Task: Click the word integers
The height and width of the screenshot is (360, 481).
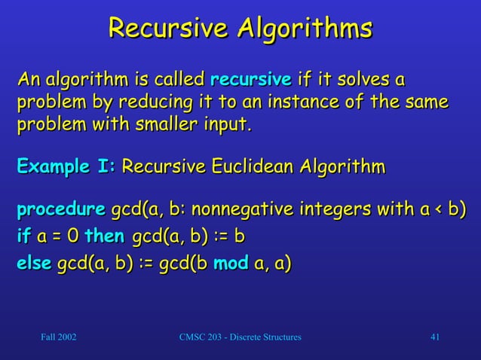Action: [x=331, y=209]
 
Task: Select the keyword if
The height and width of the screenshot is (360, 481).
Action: [x=23, y=236]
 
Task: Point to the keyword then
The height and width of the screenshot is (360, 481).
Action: [x=104, y=236]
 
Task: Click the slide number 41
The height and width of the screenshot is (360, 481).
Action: [x=434, y=335]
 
